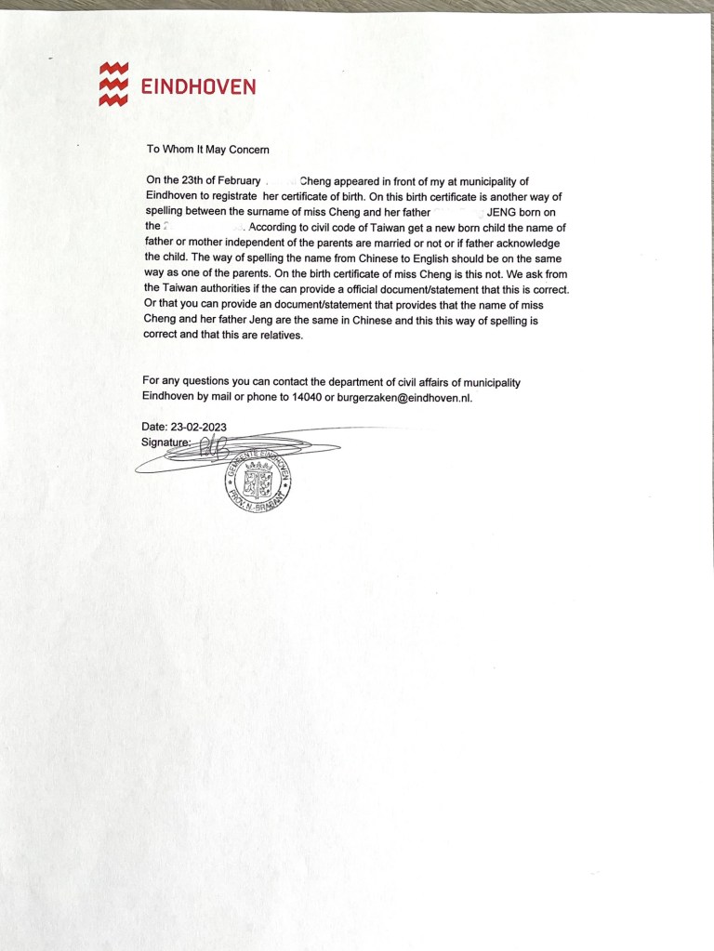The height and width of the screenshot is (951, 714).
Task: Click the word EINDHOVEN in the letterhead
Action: [x=198, y=87]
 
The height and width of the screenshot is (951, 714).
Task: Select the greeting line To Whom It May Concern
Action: [x=207, y=149]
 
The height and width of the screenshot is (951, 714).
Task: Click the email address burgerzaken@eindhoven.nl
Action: [x=403, y=398]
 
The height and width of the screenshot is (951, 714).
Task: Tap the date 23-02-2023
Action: [x=200, y=427]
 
